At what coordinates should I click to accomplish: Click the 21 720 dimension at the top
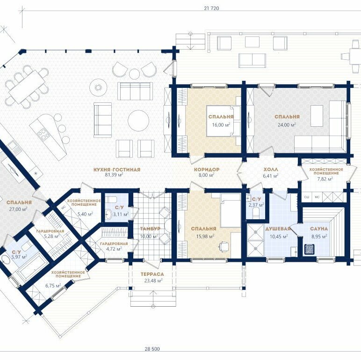click(x=211, y=8)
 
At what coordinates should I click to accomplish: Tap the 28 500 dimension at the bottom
click(x=152, y=349)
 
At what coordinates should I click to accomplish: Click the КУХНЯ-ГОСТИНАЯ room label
click(x=117, y=170)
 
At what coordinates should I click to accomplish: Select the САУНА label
click(x=318, y=229)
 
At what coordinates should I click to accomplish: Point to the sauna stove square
click(x=310, y=249)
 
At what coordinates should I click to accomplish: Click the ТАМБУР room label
click(x=150, y=229)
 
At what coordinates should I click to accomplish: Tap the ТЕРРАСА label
click(x=152, y=274)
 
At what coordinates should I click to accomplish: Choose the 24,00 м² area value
click(x=287, y=125)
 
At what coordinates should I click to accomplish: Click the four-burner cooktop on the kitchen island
click(x=43, y=135)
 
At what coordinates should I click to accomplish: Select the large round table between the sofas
click(x=138, y=121)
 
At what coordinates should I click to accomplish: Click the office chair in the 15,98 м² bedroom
click(x=224, y=246)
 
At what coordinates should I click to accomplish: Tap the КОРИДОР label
click(x=207, y=169)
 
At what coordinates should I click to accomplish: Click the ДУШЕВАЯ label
click(x=278, y=229)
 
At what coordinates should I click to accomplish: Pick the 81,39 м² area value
click(x=114, y=175)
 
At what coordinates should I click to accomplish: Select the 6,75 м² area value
click(x=53, y=286)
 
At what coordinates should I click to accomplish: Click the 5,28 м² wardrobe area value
click(x=52, y=236)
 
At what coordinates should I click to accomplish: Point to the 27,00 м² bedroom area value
click(x=18, y=209)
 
